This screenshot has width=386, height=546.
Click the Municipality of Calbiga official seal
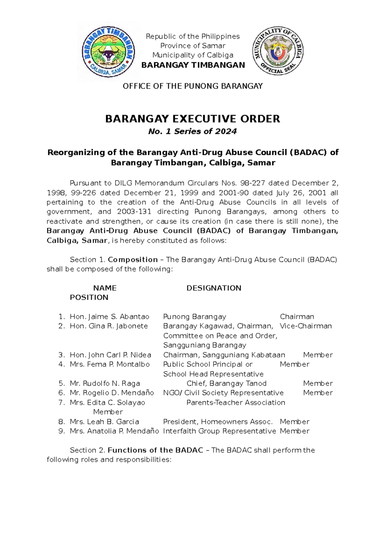[x=278, y=51]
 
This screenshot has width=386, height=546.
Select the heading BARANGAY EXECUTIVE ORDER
[x=193, y=119]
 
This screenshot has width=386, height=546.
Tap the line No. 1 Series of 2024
[x=192, y=131]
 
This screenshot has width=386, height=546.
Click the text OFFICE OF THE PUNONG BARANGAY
[x=193, y=86]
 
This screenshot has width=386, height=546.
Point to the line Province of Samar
[x=193, y=46]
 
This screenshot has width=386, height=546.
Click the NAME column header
[x=105, y=288]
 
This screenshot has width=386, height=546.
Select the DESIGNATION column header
[x=214, y=288]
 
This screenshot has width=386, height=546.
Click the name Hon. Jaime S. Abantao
[x=109, y=316]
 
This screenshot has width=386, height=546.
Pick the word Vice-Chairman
[x=306, y=326]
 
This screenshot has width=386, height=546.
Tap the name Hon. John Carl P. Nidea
[x=110, y=355]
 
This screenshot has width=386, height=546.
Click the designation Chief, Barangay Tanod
[x=226, y=383]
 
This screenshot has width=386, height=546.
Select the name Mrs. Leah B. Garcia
[x=104, y=422]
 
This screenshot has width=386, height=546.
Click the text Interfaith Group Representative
[x=219, y=431]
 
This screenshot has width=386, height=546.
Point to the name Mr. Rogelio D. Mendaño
[x=112, y=393]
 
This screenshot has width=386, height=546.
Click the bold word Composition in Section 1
[x=133, y=260]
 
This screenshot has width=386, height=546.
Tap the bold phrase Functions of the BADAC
[x=155, y=450]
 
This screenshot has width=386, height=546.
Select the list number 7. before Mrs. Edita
[x=62, y=403]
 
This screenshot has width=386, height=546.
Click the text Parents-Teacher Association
[x=235, y=403]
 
